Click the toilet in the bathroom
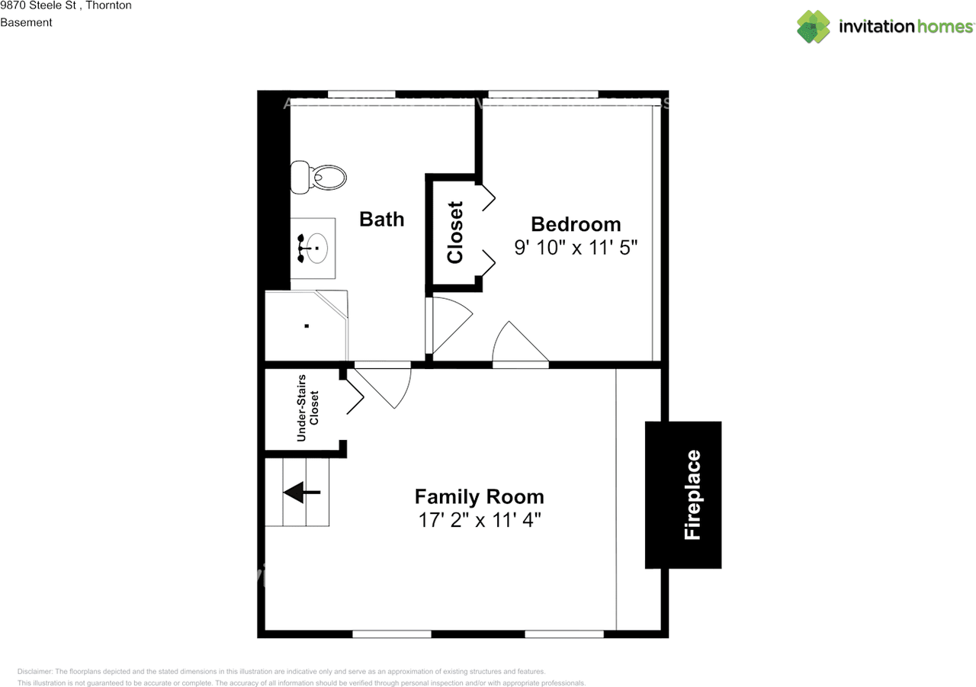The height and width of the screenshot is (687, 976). pyautogui.click(x=319, y=178)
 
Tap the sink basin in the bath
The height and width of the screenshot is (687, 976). pyautogui.click(x=315, y=248)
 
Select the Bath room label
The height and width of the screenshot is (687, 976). pyautogui.click(x=381, y=220)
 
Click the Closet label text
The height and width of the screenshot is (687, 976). pyautogui.click(x=455, y=232)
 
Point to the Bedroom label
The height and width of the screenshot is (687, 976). pyautogui.click(x=576, y=224)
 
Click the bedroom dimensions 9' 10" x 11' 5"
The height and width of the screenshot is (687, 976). pyautogui.click(x=576, y=248)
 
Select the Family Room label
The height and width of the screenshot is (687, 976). pyautogui.click(x=479, y=497)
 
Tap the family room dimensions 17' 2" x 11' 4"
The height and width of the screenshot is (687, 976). pyautogui.click(x=479, y=520)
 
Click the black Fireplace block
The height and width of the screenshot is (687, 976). pyautogui.click(x=682, y=495)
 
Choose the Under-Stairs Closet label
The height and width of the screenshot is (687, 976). pyautogui.click(x=308, y=408)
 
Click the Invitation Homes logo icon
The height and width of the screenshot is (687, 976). pyautogui.click(x=814, y=27)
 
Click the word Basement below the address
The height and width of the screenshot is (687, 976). pyautogui.click(x=26, y=23)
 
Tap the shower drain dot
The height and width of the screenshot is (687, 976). pyautogui.click(x=307, y=326)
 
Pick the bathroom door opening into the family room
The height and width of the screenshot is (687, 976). pyautogui.click(x=385, y=385)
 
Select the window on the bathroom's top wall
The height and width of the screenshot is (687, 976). pyautogui.click(x=361, y=94)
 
